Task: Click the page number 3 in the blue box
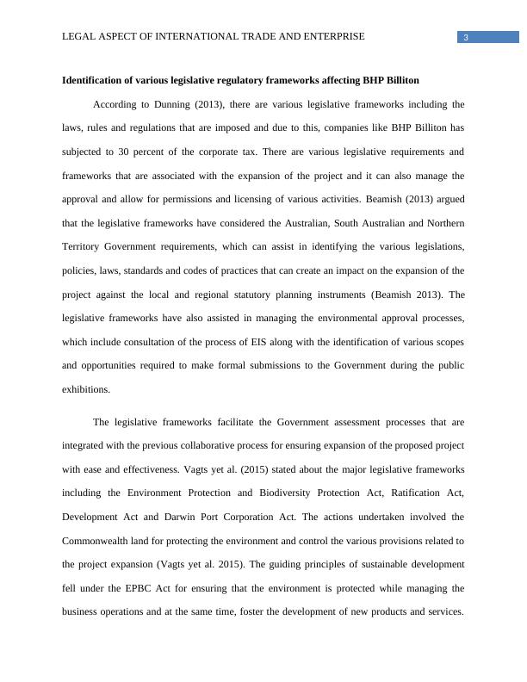point(465,37)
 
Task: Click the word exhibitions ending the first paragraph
point(86,389)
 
